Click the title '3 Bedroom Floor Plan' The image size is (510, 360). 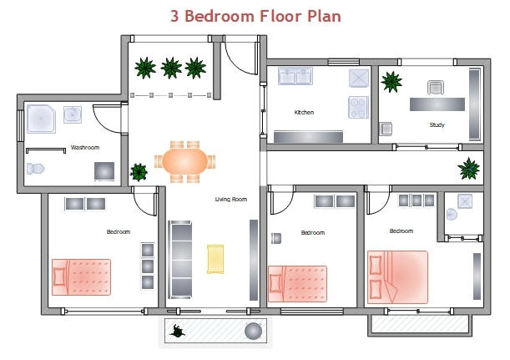point(255,16)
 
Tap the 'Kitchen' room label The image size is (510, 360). point(304,112)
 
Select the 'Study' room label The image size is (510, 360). point(437,125)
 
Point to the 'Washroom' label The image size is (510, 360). point(85,148)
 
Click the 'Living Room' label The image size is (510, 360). point(231,199)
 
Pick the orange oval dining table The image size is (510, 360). point(184,160)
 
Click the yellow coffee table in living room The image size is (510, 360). point(215,258)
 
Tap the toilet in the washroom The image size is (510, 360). point(35,169)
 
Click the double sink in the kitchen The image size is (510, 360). point(294,78)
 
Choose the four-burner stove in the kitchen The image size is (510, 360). point(358,107)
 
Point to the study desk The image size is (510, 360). point(437,104)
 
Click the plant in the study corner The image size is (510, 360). point(391,81)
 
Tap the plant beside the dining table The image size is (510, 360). point(139,173)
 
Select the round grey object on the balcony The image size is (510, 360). point(253,332)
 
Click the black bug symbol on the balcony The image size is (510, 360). point(178,332)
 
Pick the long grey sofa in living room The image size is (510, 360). point(180,258)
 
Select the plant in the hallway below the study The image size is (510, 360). point(468,170)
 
